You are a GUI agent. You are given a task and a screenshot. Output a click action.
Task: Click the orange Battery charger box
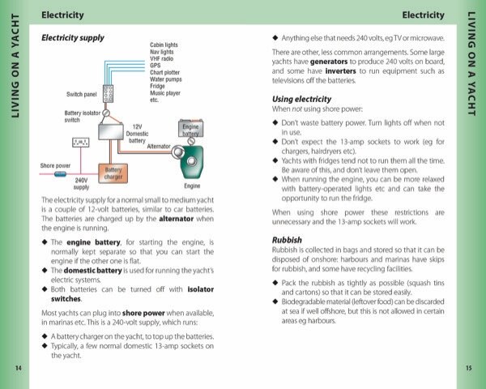(x=111, y=174)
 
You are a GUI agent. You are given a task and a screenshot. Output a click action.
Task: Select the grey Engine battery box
(x=190, y=129)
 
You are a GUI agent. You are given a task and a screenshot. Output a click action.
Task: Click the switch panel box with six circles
(x=107, y=93)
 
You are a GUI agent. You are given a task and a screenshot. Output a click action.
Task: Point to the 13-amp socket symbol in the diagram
(x=80, y=143)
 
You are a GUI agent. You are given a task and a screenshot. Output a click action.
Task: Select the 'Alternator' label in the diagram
(x=158, y=146)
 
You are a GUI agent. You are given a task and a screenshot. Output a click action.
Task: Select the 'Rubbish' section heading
(x=286, y=241)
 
